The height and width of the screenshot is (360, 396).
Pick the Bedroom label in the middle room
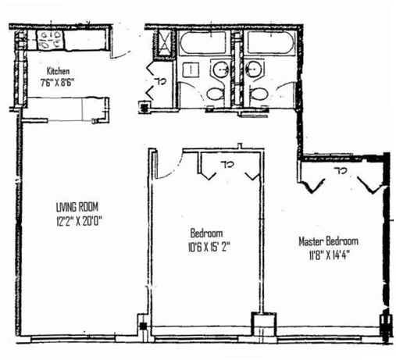click(x=208, y=233)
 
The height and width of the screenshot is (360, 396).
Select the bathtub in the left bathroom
click(x=202, y=42)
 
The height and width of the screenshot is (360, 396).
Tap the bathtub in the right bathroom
click(x=269, y=42)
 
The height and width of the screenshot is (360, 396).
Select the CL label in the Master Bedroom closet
click(x=341, y=170)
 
